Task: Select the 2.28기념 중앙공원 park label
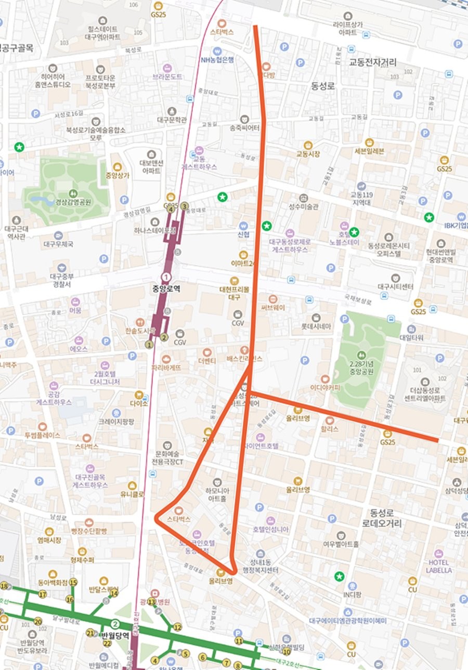[358, 368]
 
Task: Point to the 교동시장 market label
[308, 154]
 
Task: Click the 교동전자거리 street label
[372, 62]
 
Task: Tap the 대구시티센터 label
[395, 287]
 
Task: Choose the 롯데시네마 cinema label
[316, 327]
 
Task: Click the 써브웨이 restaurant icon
[273, 298]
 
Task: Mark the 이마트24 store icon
[243, 255]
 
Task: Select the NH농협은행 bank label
[217, 60]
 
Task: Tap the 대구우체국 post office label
[58, 244]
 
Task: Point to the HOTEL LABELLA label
[439, 566]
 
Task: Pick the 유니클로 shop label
[132, 494]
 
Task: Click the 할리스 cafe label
[329, 429]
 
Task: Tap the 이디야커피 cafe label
[325, 387]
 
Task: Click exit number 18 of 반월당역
[4, 586]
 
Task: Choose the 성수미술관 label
[304, 206]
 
